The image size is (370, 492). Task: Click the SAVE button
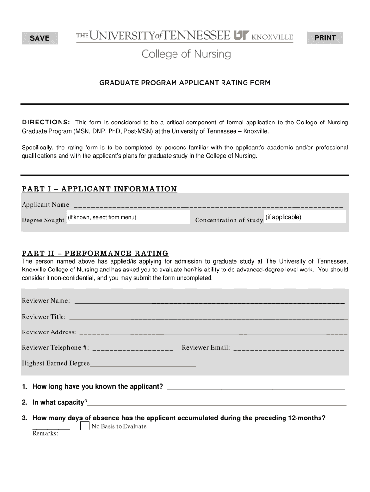click(40, 38)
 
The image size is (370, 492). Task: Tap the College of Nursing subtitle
click(186, 54)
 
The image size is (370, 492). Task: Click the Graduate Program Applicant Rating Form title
click(185, 83)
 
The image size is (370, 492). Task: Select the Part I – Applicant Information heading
click(99, 189)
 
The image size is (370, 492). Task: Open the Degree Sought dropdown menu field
click(128, 218)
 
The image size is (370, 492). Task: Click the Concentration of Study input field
click(305, 217)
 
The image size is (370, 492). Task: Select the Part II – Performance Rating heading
click(95, 253)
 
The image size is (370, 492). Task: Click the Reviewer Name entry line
click(210, 301)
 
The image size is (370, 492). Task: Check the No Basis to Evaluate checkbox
click(85, 426)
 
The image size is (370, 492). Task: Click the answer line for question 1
click(255, 387)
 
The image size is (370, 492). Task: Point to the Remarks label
click(45, 433)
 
